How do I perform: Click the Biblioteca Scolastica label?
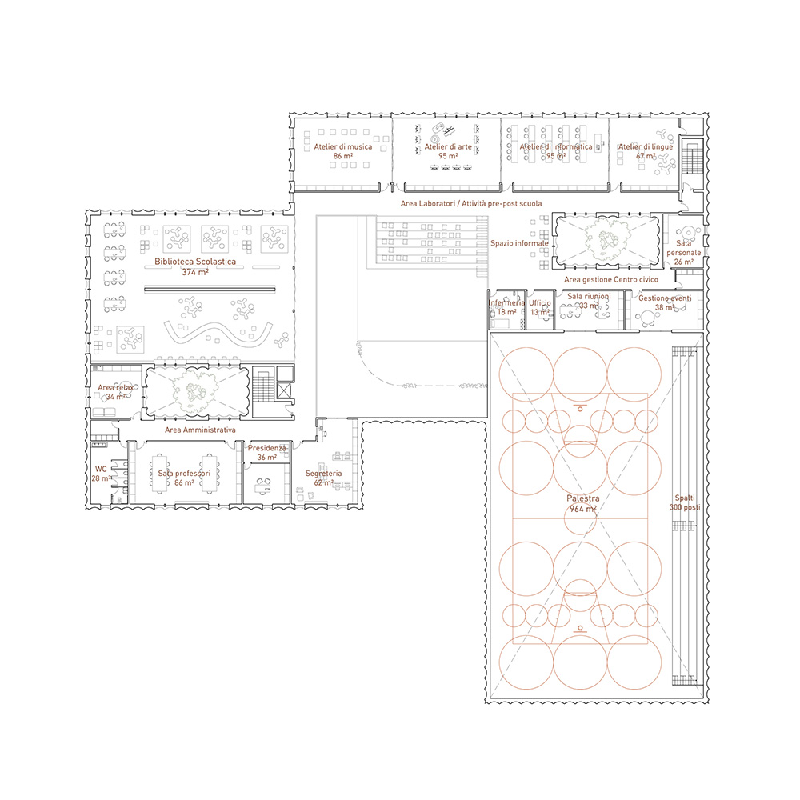pyautogui.click(x=195, y=267)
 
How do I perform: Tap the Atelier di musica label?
pyautogui.click(x=343, y=151)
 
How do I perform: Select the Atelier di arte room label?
pyautogui.click(x=448, y=151)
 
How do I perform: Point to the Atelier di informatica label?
pyautogui.click(x=556, y=151)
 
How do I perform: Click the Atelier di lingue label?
pyautogui.click(x=646, y=151)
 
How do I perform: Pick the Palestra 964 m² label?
pyautogui.click(x=583, y=503)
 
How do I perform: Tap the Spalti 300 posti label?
pyautogui.click(x=685, y=502)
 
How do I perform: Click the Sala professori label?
pyautogui.click(x=184, y=478)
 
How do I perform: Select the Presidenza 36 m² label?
pyautogui.click(x=267, y=453)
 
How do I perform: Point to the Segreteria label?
pyautogui.click(x=323, y=478)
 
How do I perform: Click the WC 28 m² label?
pyautogui.click(x=102, y=474)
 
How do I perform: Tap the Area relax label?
pyautogui.click(x=116, y=392)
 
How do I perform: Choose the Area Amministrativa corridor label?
pyautogui.click(x=200, y=430)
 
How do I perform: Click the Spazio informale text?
pyautogui.click(x=519, y=243)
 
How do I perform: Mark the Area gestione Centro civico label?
pyautogui.click(x=611, y=279)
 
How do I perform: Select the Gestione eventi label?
pyautogui.click(x=665, y=302)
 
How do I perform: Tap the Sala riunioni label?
pyautogui.click(x=589, y=301)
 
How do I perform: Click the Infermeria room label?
pyautogui.click(x=506, y=307)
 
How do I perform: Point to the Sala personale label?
pyautogui.click(x=684, y=253)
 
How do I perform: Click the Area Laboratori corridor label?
pyautogui.click(x=471, y=203)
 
